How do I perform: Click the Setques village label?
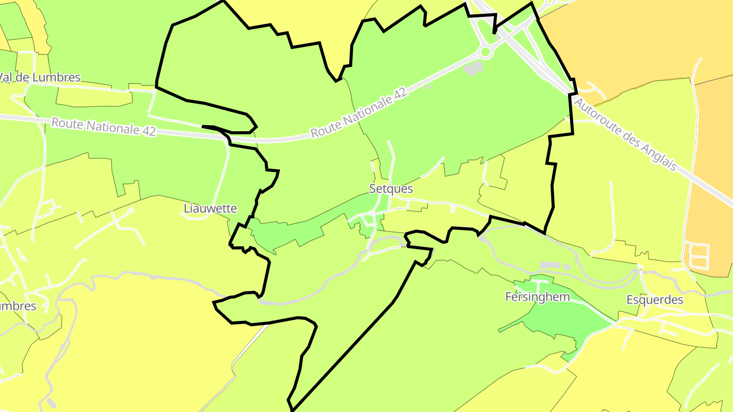pyautogui.click(x=391, y=189)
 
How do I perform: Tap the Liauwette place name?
pyautogui.click(x=210, y=209)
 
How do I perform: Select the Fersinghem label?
pyautogui.click(x=537, y=297)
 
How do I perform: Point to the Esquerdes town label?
pyautogui.click(x=655, y=300)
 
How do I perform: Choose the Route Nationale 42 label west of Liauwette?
pyautogui.click(x=103, y=126)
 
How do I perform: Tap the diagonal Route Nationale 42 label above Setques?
pyautogui.click(x=359, y=113)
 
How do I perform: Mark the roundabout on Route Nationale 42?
pyautogui.click(x=485, y=51)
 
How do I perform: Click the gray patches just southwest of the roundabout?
pyautogui.click(x=473, y=69)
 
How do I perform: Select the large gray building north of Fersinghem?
pyautogui.click(x=549, y=265)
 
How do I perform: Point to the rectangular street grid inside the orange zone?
pyautogui.click(x=698, y=256)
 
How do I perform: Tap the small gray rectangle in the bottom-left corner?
pyautogui.click(x=51, y=403)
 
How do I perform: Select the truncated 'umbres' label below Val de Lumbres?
pyautogui.click(x=18, y=306)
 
